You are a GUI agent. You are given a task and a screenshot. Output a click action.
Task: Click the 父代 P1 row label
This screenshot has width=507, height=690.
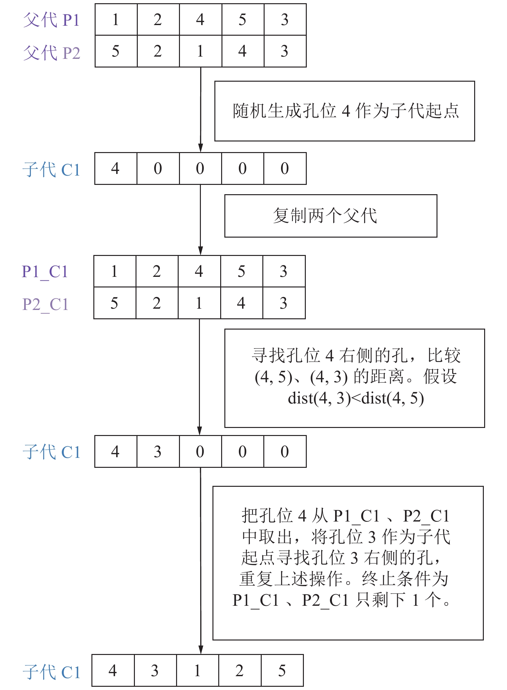pyautogui.click(x=51, y=20)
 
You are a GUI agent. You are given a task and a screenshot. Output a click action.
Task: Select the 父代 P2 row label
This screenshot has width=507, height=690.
pyautogui.click(x=51, y=53)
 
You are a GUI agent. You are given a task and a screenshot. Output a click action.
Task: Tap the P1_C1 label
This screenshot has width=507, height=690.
pyautogui.click(x=45, y=272)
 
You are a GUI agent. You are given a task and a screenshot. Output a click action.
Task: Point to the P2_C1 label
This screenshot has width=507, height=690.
pyautogui.click(x=45, y=304)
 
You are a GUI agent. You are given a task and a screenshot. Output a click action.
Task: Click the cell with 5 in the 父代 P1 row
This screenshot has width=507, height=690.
pyautogui.click(x=242, y=20)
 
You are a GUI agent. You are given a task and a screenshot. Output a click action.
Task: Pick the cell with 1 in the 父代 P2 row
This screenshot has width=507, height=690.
pyautogui.click(x=200, y=51)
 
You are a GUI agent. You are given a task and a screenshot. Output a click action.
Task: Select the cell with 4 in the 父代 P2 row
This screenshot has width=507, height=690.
pyautogui.click(x=242, y=51)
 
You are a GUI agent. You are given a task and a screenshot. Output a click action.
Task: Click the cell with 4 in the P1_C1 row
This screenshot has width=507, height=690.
pyautogui.click(x=199, y=271)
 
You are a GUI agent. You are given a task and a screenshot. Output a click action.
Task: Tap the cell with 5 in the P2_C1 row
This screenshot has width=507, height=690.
pyautogui.click(x=115, y=303)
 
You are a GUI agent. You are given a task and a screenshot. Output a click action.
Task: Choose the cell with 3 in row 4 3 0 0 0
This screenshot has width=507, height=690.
pyautogui.click(x=157, y=451)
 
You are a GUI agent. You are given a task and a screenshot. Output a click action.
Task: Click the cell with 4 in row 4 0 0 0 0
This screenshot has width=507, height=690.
pyautogui.click(x=115, y=168)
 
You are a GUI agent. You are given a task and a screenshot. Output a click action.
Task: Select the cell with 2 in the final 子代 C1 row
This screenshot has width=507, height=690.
pyautogui.click(x=239, y=670)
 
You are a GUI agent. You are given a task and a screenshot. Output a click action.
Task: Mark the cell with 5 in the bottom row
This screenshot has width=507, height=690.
pyautogui.click(x=282, y=670)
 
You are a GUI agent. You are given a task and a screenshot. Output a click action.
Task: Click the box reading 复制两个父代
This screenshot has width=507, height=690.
pyautogui.click(x=331, y=216)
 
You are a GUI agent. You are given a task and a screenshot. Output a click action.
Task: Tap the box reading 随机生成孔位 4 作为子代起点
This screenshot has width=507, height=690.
pyautogui.click(x=344, y=111)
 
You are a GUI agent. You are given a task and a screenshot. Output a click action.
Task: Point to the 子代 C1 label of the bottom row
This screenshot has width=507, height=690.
pyautogui.click(x=51, y=672)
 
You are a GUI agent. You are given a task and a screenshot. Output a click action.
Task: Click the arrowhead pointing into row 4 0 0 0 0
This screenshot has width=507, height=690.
pyautogui.click(x=201, y=148)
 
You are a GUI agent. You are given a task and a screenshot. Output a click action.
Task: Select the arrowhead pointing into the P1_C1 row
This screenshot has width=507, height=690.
pyautogui.click(x=200, y=251)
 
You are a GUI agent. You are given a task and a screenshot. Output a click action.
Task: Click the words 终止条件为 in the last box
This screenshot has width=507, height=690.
pyautogui.click(x=405, y=578)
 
